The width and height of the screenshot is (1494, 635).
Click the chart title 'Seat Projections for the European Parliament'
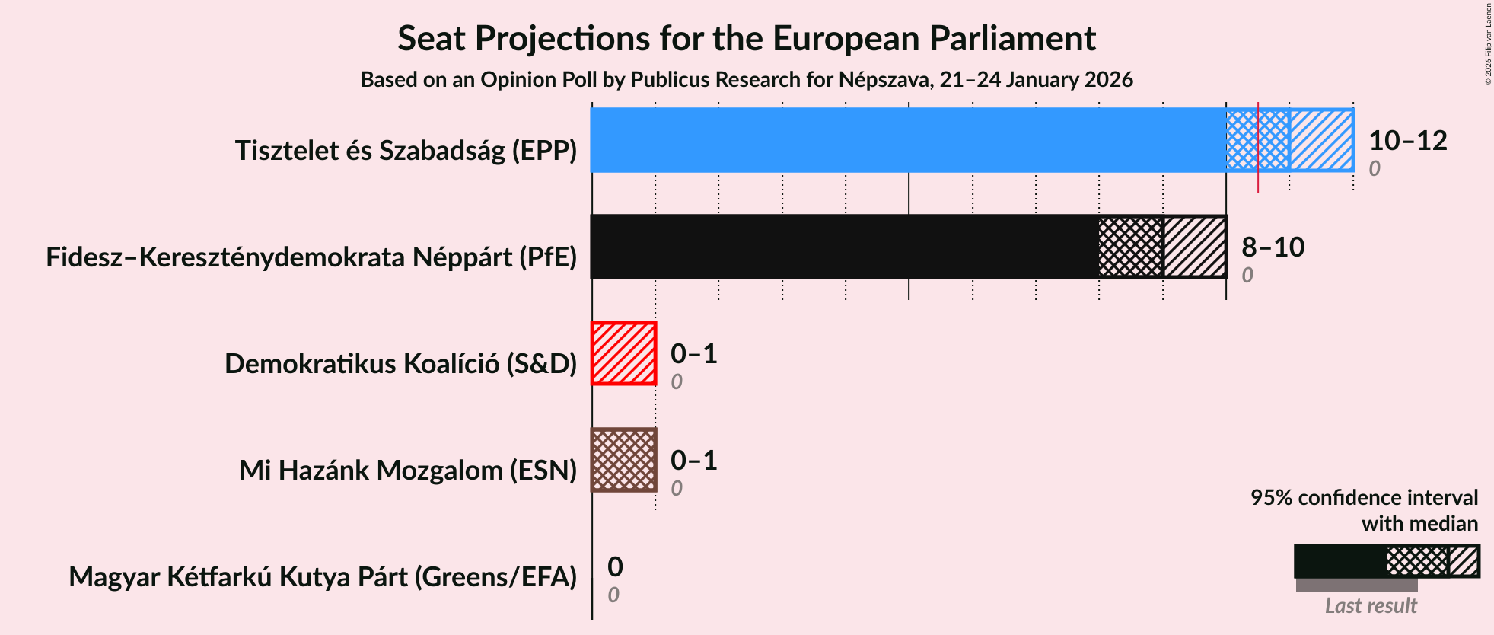click(746, 38)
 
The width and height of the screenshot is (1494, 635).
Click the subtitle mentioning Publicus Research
click(746, 80)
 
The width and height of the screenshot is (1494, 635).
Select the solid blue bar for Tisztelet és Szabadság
click(906, 140)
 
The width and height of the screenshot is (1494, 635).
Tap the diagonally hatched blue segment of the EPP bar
click(1321, 140)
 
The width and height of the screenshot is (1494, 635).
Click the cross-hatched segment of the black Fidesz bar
click(1131, 247)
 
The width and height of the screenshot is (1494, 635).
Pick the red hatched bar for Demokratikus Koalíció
click(623, 353)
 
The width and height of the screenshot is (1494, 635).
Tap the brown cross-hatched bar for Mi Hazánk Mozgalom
click(623, 460)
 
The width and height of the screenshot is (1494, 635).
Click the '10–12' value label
click(1407, 141)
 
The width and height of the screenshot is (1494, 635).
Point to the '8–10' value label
click(1273, 247)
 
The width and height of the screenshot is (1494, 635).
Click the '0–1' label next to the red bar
click(693, 354)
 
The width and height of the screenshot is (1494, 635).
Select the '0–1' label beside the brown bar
click(693, 461)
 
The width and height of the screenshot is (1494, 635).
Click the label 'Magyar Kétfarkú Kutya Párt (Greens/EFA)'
click(323, 577)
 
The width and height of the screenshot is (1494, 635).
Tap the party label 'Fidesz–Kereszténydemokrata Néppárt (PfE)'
click(311, 257)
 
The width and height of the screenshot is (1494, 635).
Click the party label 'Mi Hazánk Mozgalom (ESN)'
click(408, 471)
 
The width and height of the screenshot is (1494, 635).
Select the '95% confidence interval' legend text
click(1364, 498)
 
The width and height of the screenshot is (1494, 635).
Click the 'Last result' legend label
click(1371, 606)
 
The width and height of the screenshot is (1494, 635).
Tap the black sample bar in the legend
click(1340, 561)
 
